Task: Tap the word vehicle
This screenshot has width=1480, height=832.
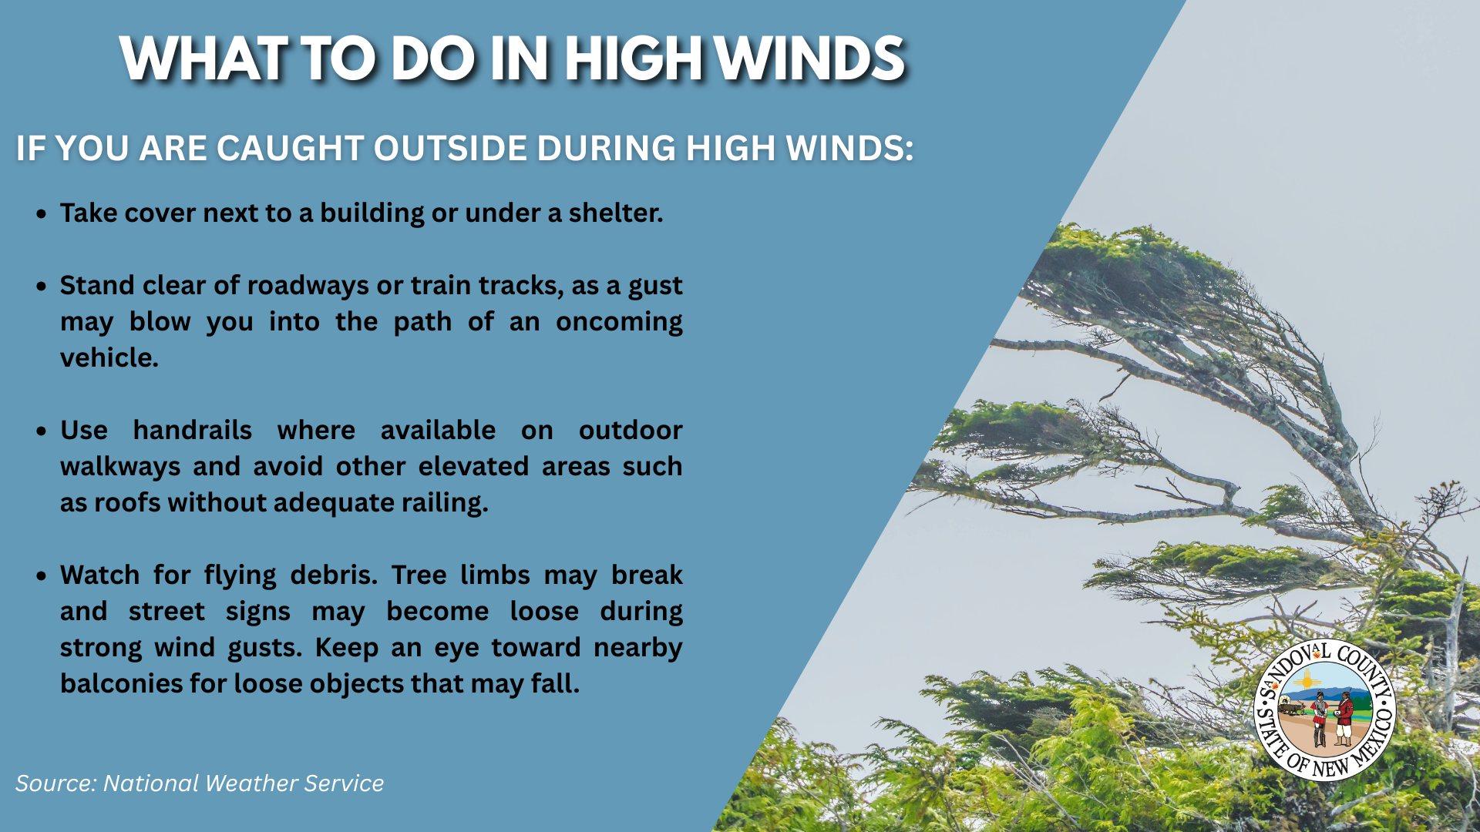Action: (109, 357)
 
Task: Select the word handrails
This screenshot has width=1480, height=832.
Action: (193, 430)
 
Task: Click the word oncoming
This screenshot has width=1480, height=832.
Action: (619, 322)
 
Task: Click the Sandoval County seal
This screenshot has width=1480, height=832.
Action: (1326, 710)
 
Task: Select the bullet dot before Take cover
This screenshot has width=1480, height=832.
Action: (42, 213)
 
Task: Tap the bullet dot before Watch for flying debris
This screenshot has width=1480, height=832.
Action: (42, 575)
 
